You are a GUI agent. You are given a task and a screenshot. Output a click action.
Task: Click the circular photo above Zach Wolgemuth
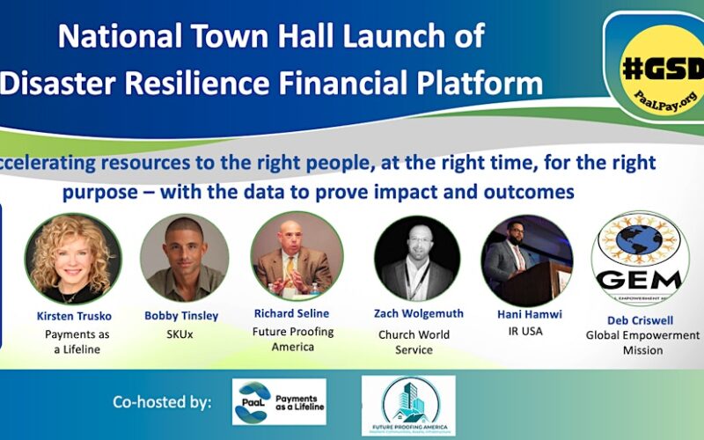pyautogui.click(x=417, y=258)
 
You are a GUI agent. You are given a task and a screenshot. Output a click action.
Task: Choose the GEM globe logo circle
pyautogui.click(x=640, y=257)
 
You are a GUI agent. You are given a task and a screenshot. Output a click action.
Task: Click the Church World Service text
pyautogui.click(x=414, y=341)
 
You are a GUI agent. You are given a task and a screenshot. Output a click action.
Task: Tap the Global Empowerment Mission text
pyautogui.click(x=642, y=342)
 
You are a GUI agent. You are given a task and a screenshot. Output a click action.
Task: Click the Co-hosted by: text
pyautogui.click(x=162, y=402)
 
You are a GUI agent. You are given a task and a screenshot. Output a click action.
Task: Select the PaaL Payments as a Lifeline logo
pyautogui.click(x=279, y=402)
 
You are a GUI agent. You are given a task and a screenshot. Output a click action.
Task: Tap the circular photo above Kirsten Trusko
pyautogui.click(x=73, y=258)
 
